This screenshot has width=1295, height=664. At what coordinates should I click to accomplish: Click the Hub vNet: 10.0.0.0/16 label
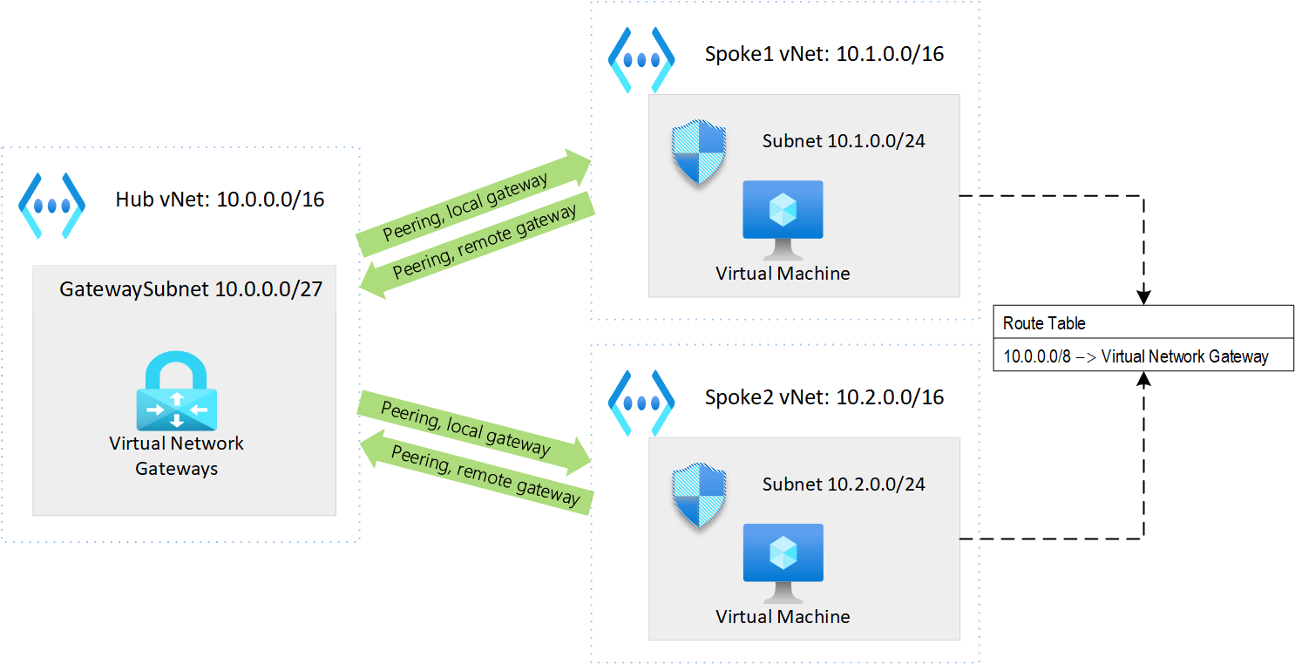click(220, 200)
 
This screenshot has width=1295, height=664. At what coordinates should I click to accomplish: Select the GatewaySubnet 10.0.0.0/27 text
click(191, 288)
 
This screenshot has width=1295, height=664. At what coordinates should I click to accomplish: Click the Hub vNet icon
click(52, 206)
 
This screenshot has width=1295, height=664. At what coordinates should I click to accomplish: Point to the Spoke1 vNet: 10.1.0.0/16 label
click(824, 54)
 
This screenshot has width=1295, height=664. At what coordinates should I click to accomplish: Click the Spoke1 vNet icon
click(641, 60)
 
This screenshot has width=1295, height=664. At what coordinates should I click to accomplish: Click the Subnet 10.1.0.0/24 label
click(843, 140)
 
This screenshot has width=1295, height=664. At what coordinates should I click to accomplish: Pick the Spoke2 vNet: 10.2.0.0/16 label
click(824, 397)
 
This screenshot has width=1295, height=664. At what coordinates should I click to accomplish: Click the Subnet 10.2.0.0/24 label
click(843, 484)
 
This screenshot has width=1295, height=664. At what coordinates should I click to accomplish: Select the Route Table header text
click(1044, 323)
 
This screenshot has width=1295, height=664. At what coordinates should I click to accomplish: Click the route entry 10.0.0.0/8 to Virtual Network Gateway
click(1136, 356)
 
